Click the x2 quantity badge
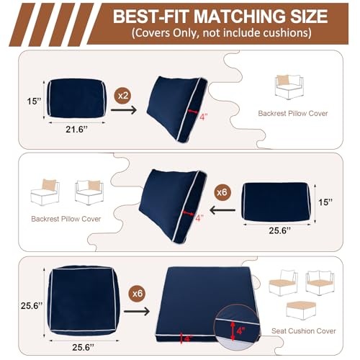[x=123, y=96]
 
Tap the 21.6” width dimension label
[x=76, y=130]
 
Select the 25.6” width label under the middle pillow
[x=279, y=230]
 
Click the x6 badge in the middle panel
[x=222, y=192]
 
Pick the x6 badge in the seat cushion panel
[x=138, y=294]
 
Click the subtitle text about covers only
[x=221, y=33]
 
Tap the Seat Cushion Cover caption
[x=304, y=331]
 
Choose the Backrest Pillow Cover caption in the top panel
[x=293, y=113]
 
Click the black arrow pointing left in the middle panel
[x=222, y=210]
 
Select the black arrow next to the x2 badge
[x=124, y=110]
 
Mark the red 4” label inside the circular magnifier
[x=240, y=330]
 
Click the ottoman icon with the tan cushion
[x=301, y=310]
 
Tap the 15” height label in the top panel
[x=34, y=101]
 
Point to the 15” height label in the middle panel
[x=325, y=202]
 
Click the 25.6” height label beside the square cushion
[x=32, y=306]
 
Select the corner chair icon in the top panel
[x=289, y=87]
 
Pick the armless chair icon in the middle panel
[x=45, y=192]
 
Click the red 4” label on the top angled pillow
[x=204, y=117]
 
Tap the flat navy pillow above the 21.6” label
[x=76, y=99]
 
